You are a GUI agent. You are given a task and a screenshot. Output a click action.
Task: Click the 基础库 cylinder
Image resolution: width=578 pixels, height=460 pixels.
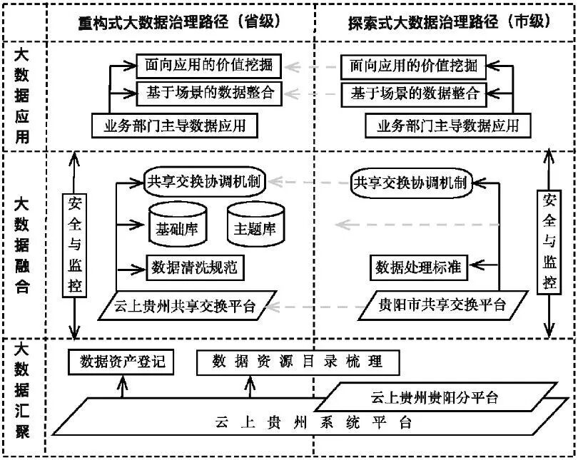177,226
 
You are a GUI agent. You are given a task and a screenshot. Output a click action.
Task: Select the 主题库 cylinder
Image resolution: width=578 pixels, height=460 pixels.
255,226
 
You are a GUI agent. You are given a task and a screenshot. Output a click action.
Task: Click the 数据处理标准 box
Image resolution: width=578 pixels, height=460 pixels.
418,267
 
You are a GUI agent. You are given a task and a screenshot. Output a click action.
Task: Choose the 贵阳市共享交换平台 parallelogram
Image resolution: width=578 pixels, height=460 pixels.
443,305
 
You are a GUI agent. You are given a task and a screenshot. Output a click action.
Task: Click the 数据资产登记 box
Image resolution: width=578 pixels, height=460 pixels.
122,362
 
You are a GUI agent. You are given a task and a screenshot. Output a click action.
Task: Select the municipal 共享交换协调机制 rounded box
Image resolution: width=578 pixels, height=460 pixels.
410,181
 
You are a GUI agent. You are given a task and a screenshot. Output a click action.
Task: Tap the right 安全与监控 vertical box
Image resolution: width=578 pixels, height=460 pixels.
548,242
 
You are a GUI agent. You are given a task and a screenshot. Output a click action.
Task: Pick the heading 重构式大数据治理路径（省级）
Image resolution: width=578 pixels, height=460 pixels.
179,21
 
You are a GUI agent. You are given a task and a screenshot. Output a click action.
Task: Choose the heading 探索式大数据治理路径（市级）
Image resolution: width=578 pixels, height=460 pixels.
441,21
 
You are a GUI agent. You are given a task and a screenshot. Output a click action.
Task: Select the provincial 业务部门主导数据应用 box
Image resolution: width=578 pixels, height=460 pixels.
175,126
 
